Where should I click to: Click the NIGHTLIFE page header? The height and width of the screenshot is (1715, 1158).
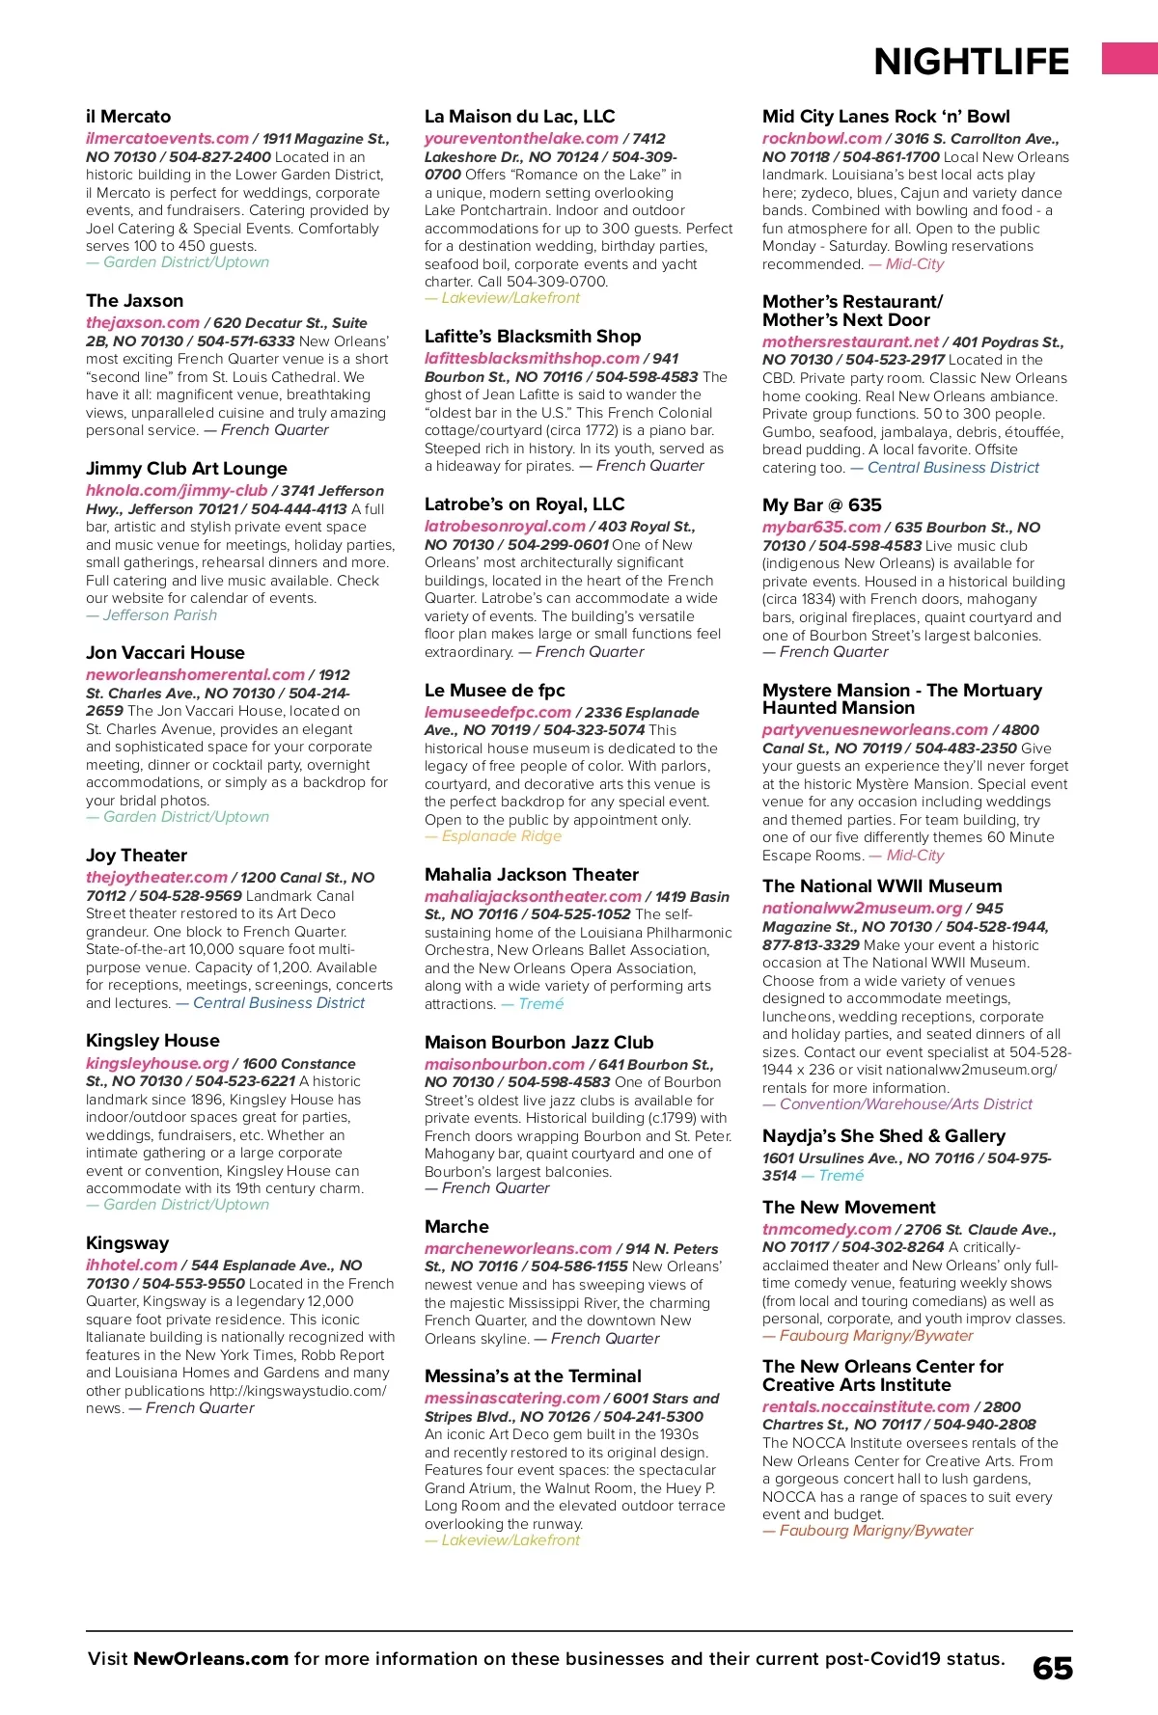(971, 62)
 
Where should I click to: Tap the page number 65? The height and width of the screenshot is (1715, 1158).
(1052, 1669)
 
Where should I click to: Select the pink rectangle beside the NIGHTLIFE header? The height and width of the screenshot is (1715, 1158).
(1129, 58)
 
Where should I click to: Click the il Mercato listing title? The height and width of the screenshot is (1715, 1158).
(128, 117)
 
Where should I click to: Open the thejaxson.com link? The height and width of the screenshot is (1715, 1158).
(143, 323)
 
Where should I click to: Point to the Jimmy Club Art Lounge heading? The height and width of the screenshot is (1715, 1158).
(186, 469)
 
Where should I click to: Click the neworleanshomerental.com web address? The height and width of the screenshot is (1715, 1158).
(195, 675)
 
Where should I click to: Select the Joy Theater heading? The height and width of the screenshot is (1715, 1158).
(136, 856)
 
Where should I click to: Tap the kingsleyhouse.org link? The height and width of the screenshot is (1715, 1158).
(157, 1064)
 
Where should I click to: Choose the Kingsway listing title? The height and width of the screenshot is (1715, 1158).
(127, 1243)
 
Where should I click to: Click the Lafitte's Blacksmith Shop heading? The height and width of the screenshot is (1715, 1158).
(533, 337)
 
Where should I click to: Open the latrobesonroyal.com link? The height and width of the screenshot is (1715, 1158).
(505, 527)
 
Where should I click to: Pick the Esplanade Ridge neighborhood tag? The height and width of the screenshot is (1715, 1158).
(501, 836)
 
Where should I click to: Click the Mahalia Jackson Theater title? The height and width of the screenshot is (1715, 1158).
(532, 875)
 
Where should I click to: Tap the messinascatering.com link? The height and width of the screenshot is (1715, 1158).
(512, 1399)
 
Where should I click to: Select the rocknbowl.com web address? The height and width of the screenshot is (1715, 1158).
(822, 139)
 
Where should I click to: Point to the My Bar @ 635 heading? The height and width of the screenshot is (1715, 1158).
(822, 505)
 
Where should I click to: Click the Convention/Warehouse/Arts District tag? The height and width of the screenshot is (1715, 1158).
(905, 1104)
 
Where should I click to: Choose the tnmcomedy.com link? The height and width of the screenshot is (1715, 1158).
(827, 1230)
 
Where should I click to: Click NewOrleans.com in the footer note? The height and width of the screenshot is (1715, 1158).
(210, 1659)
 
